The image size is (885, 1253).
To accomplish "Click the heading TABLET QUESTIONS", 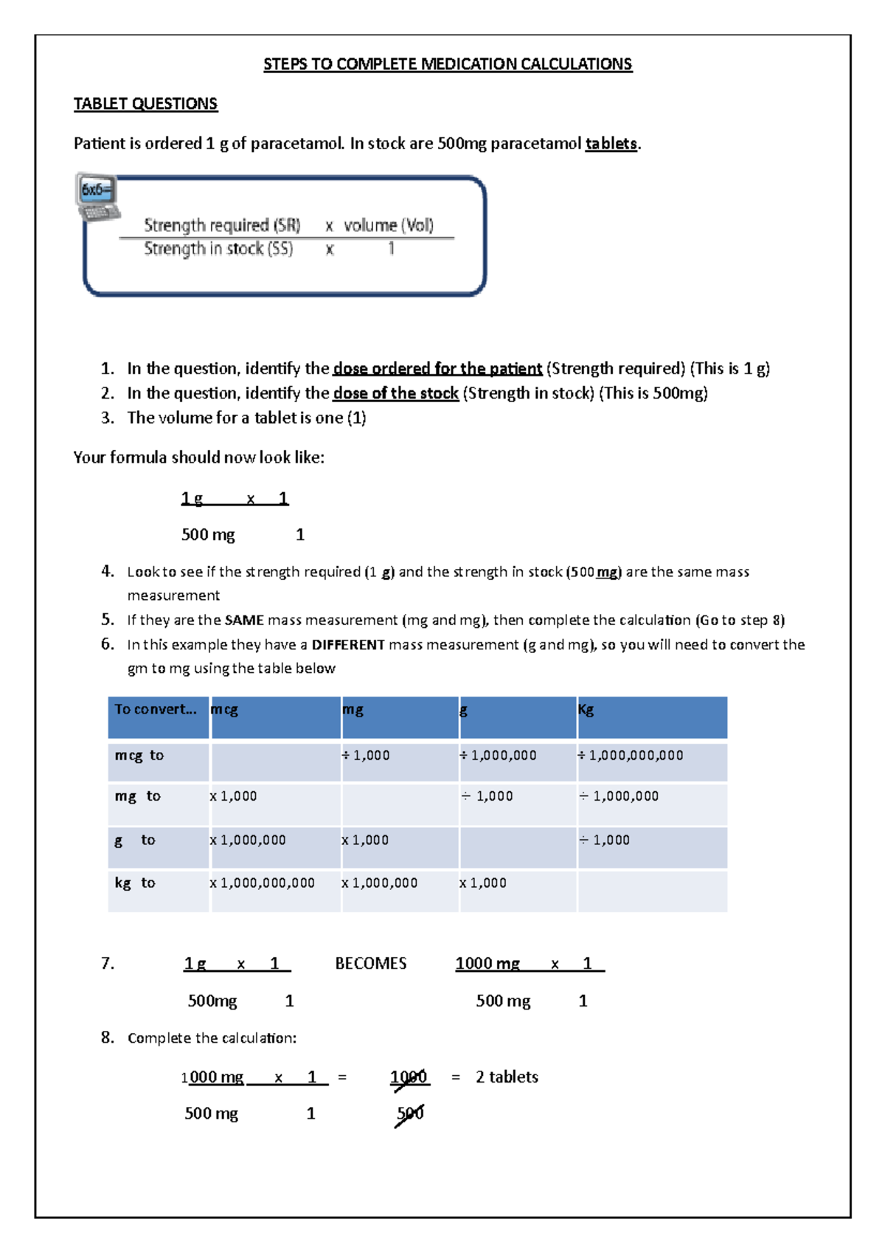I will [145, 104].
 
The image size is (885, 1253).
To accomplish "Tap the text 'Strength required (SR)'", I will [222, 225].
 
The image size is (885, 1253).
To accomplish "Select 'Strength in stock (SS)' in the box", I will [218, 249].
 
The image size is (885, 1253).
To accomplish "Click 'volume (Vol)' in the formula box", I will [389, 225].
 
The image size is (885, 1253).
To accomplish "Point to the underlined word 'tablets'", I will [611, 144].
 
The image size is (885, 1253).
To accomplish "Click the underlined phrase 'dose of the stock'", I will [396, 393].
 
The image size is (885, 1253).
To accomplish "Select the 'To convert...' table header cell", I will [156, 710].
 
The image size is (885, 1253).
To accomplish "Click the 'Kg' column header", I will [586, 710].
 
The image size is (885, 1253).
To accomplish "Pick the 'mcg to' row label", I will [139, 756].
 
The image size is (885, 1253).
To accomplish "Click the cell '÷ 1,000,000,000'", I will [631, 756].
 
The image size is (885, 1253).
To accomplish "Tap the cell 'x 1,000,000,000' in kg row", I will [263, 883].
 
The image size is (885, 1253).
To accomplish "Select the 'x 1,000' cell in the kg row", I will [483, 883].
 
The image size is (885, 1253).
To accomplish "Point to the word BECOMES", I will [371, 964].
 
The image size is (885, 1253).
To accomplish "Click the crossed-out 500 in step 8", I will [410, 1114].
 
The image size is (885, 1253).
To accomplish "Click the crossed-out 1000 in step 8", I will [409, 1077].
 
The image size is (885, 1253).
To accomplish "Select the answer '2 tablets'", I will [507, 1077].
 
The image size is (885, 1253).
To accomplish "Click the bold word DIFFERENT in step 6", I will [348, 645].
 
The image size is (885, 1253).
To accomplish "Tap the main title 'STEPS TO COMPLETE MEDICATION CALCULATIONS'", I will [448, 64].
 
